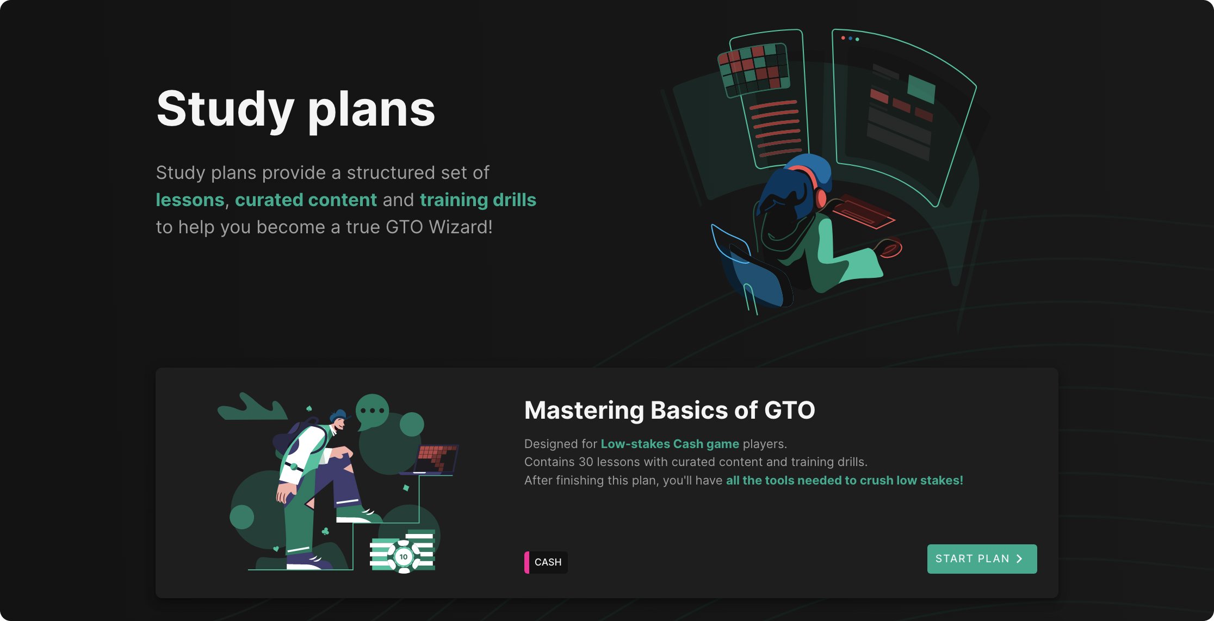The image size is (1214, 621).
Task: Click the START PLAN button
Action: click(982, 558)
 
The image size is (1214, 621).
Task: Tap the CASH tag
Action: click(546, 562)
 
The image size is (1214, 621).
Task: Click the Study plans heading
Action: click(295, 110)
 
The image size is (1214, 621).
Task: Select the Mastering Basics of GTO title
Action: click(670, 410)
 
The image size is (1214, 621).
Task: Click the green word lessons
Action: click(190, 200)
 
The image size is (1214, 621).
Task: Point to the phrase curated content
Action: click(306, 200)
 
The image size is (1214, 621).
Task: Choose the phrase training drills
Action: click(478, 200)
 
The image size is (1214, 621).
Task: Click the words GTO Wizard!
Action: click(439, 227)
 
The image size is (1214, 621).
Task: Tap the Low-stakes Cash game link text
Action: click(670, 444)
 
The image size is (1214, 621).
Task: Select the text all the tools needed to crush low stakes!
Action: click(845, 480)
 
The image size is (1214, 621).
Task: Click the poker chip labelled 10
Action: click(403, 557)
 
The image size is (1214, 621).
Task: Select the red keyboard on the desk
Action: click(864, 212)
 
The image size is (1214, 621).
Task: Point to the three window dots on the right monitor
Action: click(850, 39)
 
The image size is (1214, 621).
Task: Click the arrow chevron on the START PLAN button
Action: click(1020, 558)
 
